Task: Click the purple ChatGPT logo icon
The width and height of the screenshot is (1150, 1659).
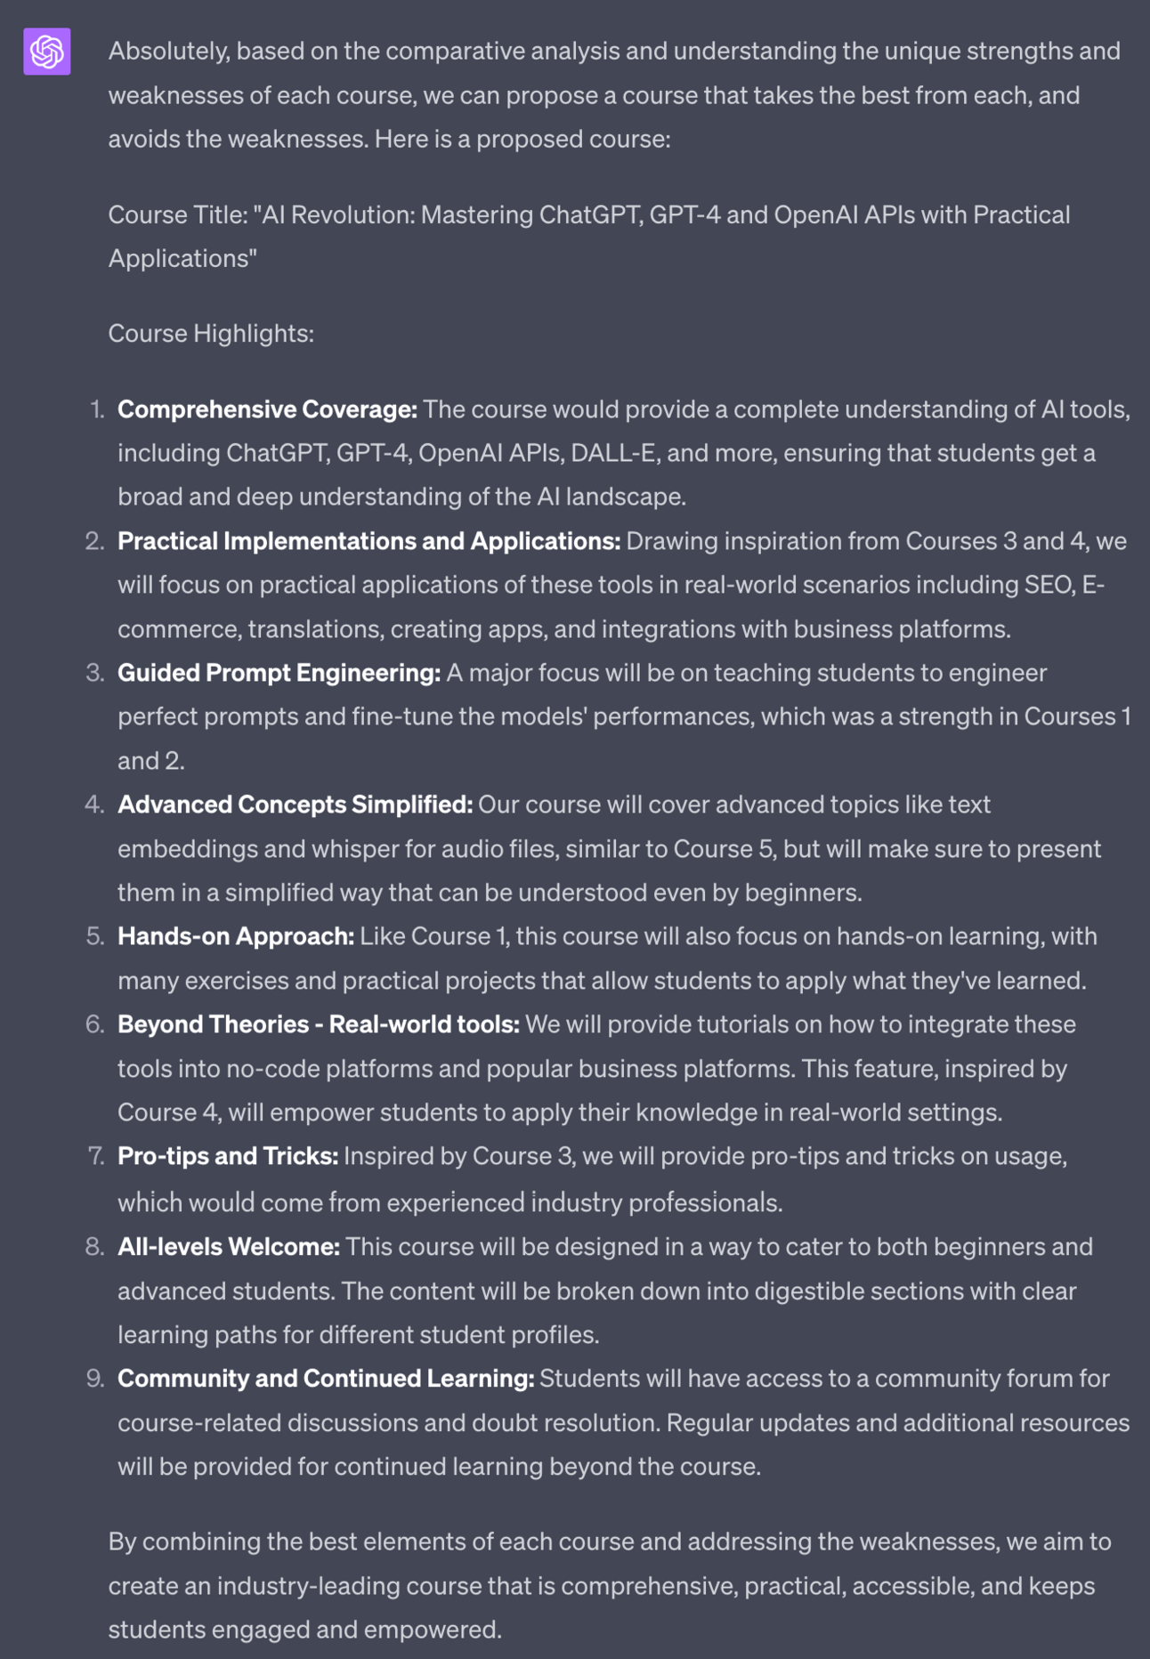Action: click(47, 52)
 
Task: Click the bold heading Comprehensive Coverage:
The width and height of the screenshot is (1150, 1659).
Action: click(267, 409)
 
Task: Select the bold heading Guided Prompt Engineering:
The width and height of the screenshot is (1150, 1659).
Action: click(279, 673)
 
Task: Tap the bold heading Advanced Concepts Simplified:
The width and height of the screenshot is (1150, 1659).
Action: click(295, 805)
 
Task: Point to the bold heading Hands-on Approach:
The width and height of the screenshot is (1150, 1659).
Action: click(236, 936)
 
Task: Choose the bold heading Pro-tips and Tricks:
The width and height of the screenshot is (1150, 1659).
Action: click(228, 1156)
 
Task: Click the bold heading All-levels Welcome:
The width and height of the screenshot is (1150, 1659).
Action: click(229, 1247)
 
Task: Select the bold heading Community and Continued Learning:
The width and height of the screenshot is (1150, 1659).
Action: click(326, 1379)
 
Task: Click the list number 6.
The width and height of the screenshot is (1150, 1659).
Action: click(95, 1024)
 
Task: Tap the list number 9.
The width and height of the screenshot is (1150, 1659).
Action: click(95, 1379)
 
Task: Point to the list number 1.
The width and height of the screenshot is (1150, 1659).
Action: click(97, 409)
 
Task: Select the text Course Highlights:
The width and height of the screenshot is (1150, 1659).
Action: click(211, 334)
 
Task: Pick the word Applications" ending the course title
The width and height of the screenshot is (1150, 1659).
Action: click(182, 259)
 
